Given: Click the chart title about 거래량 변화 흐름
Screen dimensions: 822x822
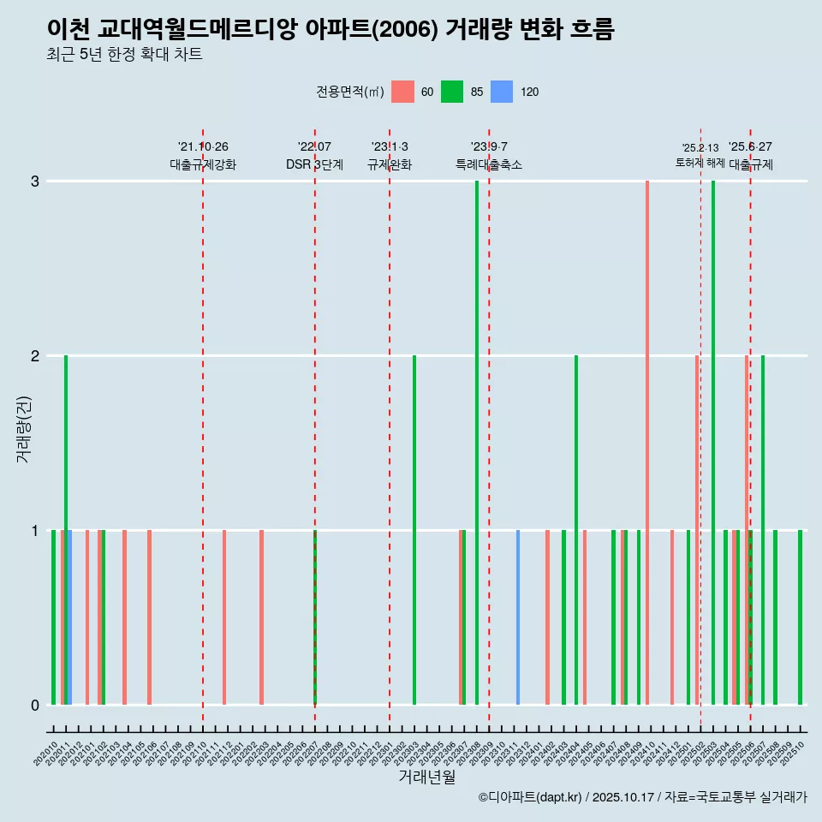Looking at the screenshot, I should (x=331, y=29).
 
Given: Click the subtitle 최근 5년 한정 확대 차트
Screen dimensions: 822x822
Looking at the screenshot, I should (x=124, y=55).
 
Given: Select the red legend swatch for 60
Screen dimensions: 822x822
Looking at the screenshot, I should (x=402, y=92).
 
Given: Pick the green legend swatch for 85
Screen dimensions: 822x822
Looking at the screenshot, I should (x=452, y=92).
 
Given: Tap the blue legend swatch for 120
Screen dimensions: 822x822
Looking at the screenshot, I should (x=502, y=92).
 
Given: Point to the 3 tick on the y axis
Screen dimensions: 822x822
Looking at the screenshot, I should (x=35, y=182).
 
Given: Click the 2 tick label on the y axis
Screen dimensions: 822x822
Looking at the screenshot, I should (x=35, y=356).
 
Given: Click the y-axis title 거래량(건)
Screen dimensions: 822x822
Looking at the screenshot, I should (x=23, y=428).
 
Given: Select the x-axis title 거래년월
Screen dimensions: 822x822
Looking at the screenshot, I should (x=426, y=777).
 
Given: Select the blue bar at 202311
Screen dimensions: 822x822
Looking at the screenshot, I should (x=518, y=617).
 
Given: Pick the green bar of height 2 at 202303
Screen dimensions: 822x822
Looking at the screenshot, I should (x=414, y=530).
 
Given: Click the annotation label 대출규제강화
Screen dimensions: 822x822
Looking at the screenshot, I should (x=203, y=164).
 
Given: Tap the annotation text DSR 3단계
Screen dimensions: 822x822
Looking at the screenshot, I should (x=314, y=164).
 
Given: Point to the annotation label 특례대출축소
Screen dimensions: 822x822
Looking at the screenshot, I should (x=489, y=164).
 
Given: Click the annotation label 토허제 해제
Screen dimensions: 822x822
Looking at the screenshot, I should (x=700, y=163).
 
